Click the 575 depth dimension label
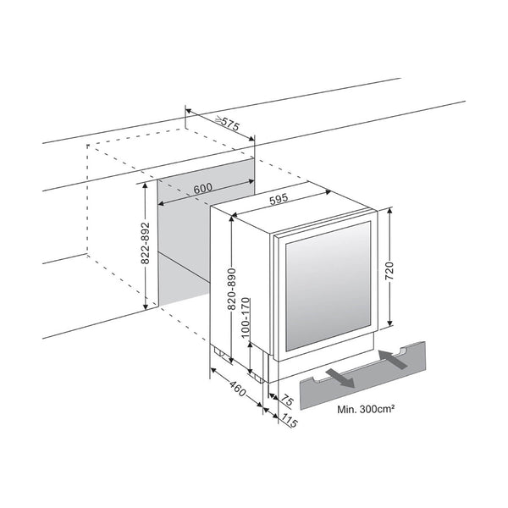coord(230,123)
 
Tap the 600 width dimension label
coord(203,189)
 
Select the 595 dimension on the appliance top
coord(279,199)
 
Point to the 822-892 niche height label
coord(146,243)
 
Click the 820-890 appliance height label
coord(232,289)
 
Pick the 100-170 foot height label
coord(246,317)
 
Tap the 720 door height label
coord(389,271)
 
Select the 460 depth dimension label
coord(238,389)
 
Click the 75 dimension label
coord(286,400)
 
